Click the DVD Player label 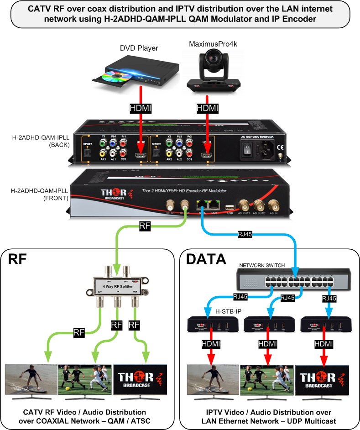tap(139, 48)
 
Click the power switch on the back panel tap(247, 149)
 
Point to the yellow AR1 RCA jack tap(104, 154)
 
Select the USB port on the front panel tap(230, 205)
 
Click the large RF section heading tap(19, 260)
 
